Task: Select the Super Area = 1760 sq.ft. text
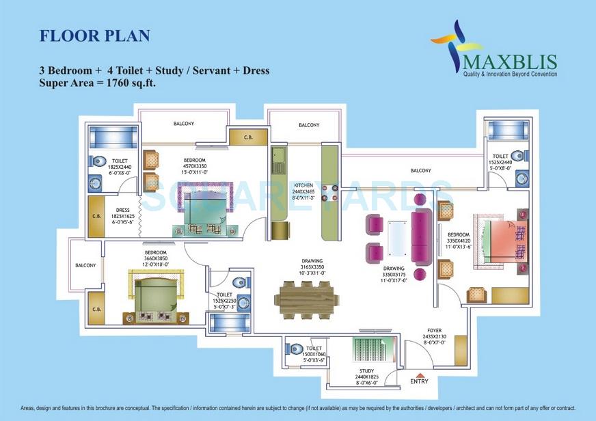click(x=109, y=83)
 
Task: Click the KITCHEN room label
click(x=303, y=185)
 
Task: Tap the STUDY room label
click(x=366, y=372)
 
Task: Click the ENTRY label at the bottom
click(x=419, y=381)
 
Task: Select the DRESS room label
click(x=123, y=210)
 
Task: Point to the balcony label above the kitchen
click(x=309, y=125)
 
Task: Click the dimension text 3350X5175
click(x=394, y=274)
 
